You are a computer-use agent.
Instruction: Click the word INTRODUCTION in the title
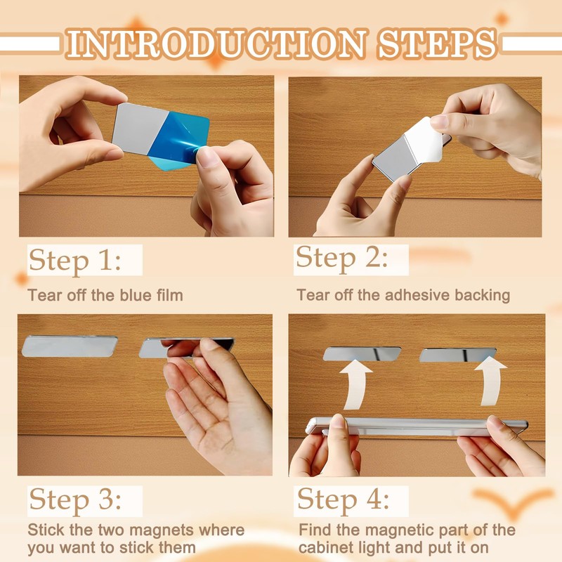click(x=217, y=44)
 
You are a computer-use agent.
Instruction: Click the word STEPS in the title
click(x=438, y=44)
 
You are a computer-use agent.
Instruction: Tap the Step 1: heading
click(x=75, y=260)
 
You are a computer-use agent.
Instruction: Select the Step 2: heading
click(x=341, y=259)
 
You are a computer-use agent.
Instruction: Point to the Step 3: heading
click(x=75, y=500)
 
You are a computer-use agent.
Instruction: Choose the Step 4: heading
click(x=343, y=500)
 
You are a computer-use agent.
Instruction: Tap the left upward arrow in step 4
click(x=355, y=384)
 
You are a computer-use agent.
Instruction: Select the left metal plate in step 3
click(x=70, y=346)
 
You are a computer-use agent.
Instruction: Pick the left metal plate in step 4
click(x=362, y=354)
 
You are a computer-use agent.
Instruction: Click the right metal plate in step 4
click(x=458, y=355)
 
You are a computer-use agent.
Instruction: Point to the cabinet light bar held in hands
click(x=416, y=426)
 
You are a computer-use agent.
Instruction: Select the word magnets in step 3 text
click(x=162, y=530)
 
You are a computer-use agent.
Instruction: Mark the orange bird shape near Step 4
click(x=513, y=503)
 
